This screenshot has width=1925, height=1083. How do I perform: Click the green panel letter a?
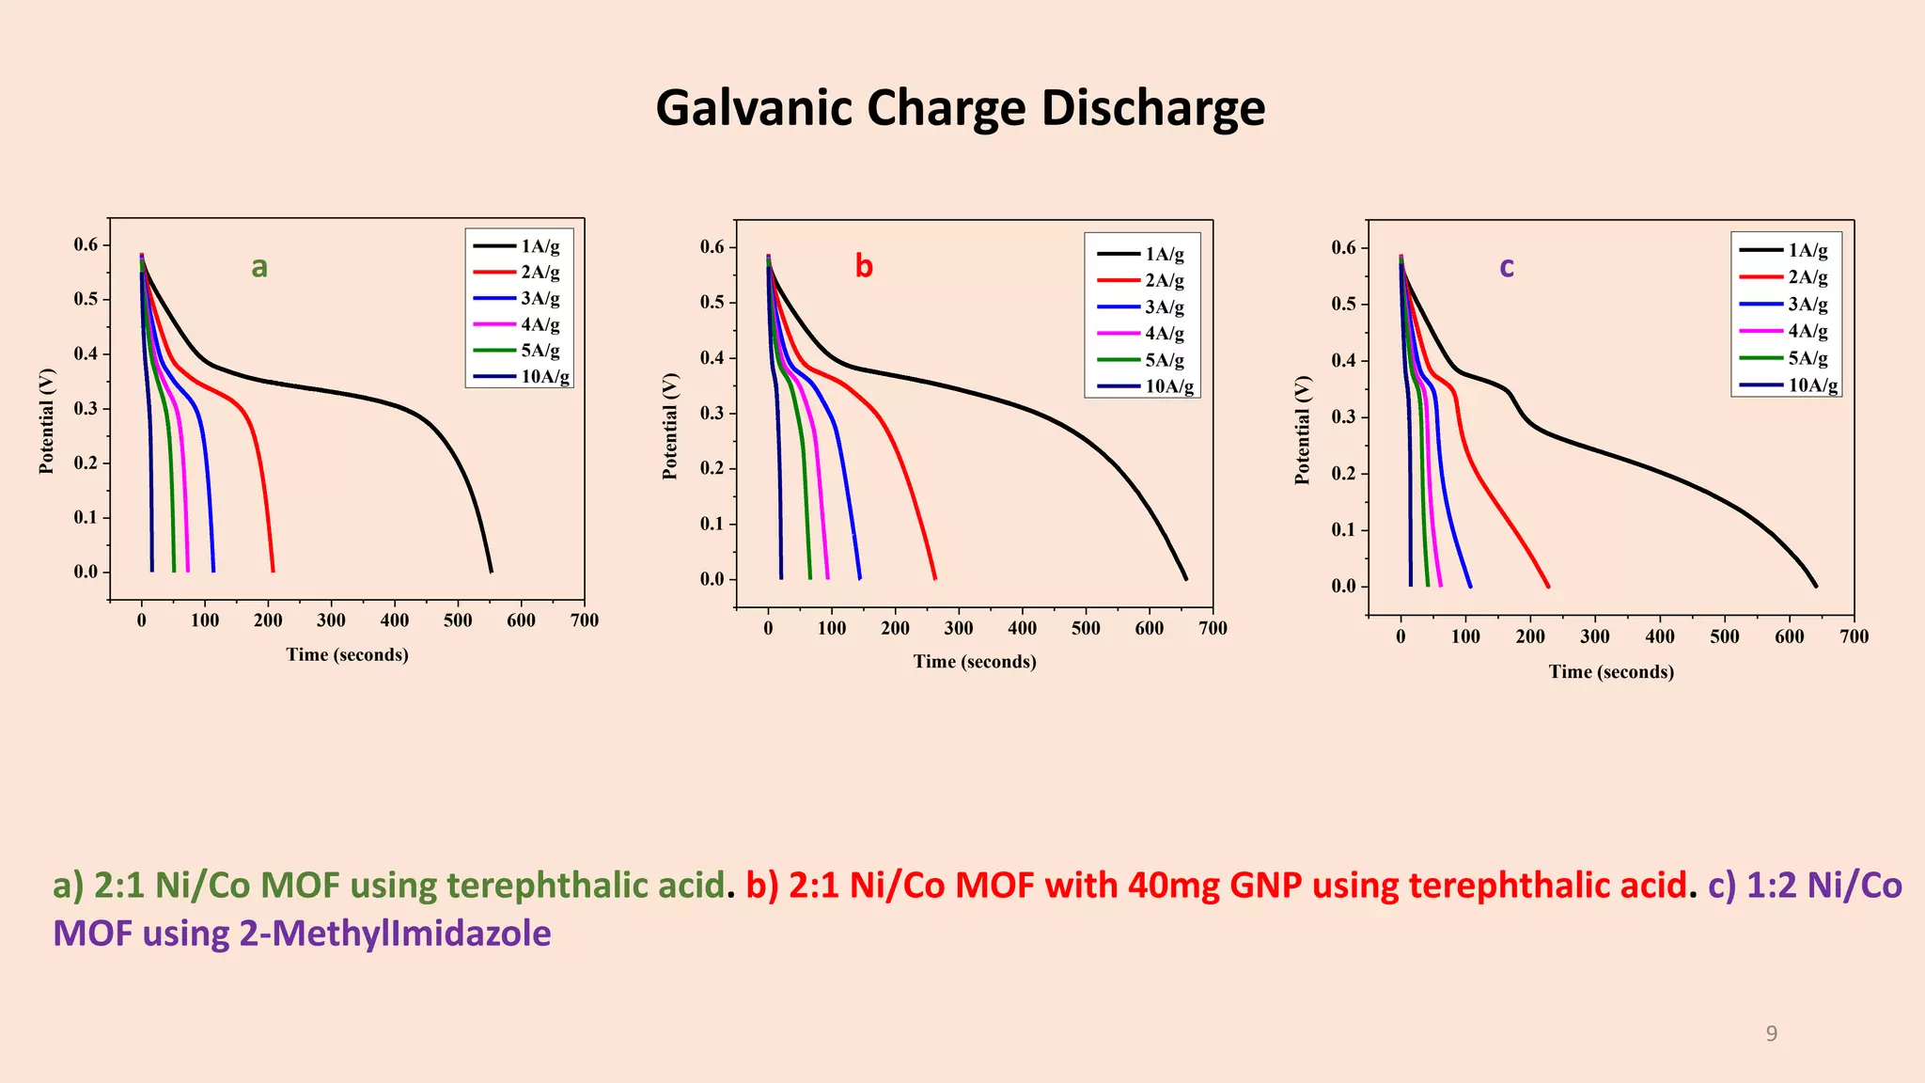coord(259,267)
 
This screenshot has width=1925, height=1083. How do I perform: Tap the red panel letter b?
coord(864,267)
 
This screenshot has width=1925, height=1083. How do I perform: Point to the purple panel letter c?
coord(1507,267)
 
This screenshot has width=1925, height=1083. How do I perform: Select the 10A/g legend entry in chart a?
coord(544,377)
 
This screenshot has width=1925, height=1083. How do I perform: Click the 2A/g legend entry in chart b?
coord(1164,280)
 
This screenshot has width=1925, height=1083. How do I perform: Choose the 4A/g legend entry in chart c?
coord(1807,331)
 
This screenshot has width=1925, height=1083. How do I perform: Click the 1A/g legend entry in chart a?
coord(540,246)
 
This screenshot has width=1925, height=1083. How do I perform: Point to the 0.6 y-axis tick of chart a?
coord(86,245)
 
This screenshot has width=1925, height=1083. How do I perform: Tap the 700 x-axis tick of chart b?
coord(1213,628)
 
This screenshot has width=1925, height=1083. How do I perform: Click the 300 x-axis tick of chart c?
coord(1595,636)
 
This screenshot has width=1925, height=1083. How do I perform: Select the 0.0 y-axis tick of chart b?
coord(712,579)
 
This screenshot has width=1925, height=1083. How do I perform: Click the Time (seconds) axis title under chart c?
coord(1611,672)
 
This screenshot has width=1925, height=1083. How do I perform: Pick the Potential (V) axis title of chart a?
coord(47,420)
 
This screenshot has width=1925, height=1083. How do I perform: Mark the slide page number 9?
coord(1771,1034)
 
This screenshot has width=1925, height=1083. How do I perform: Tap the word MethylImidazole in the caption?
coord(395,934)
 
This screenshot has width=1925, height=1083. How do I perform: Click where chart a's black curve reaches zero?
coord(491,572)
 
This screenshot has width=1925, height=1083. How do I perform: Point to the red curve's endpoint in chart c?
coord(1547,587)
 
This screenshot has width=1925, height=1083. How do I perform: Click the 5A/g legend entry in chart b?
coord(1164,360)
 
